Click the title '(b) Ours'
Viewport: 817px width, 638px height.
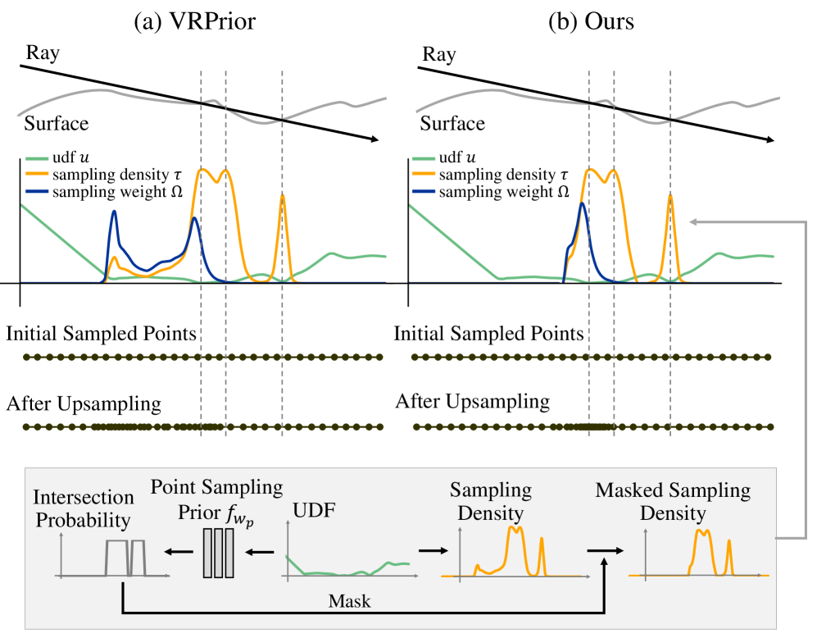(x=590, y=22)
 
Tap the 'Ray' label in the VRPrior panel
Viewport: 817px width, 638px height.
(x=42, y=55)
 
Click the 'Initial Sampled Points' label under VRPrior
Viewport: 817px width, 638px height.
(x=102, y=334)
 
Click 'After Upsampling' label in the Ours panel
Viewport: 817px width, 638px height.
(x=473, y=402)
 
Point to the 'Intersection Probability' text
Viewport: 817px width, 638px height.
(x=84, y=508)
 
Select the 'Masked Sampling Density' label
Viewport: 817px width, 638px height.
(x=673, y=502)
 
